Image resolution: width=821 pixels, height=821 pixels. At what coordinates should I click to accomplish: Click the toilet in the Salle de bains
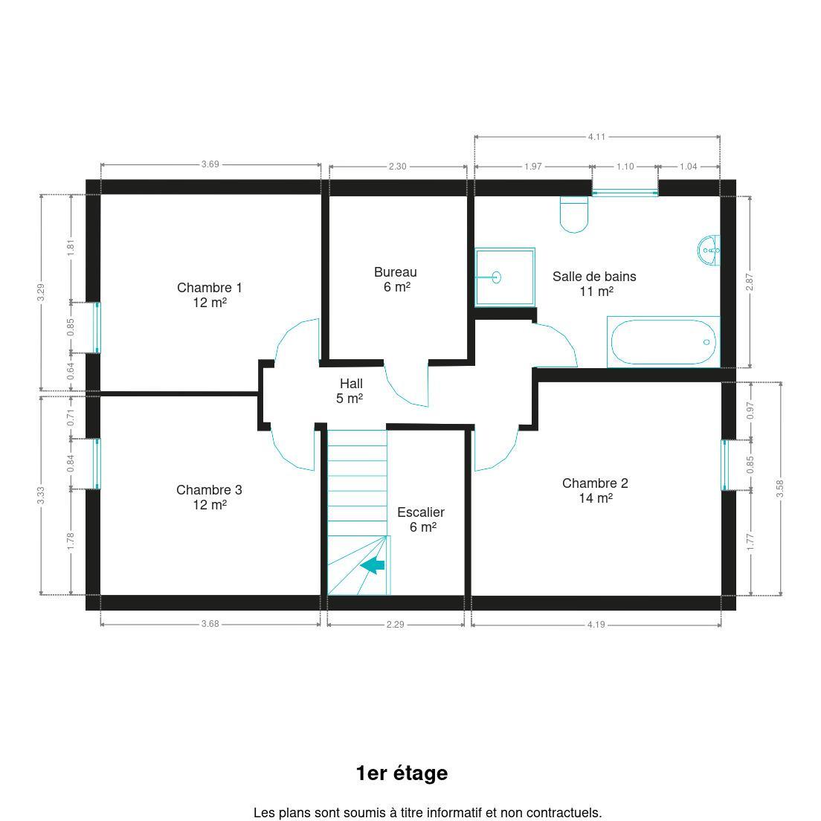[574, 214]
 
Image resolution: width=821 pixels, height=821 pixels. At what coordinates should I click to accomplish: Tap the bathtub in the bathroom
[663, 342]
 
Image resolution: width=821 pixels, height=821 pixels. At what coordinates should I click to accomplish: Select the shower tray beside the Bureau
[505, 277]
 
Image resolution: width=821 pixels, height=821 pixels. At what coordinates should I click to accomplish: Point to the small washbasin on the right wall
[709, 251]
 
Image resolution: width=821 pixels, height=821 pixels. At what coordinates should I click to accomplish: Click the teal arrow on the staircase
[373, 565]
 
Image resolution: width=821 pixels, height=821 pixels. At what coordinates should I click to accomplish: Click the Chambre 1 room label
[210, 294]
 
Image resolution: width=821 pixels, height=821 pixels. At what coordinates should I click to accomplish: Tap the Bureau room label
[396, 279]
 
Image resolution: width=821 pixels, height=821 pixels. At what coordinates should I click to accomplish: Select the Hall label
[350, 390]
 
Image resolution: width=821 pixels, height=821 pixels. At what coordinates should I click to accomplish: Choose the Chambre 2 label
[596, 490]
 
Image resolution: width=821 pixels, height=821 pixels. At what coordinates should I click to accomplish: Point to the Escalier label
[421, 519]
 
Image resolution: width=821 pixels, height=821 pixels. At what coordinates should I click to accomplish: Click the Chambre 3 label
[210, 497]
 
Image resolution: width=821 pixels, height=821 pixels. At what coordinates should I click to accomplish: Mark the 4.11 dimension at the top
[596, 137]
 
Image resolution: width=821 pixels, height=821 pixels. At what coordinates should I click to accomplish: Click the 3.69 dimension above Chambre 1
[210, 164]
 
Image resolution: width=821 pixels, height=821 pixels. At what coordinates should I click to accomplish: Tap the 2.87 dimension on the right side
[750, 283]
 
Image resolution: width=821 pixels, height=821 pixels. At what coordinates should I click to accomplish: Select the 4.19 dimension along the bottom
[596, 624]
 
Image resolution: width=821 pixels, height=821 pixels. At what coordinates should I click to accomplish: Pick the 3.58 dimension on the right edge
[779, 489]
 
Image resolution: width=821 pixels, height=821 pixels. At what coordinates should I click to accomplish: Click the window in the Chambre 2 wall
[725, 465]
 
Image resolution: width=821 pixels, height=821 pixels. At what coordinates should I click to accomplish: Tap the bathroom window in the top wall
[625, 193]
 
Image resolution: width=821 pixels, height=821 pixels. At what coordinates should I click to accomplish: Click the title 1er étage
[402, 773]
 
